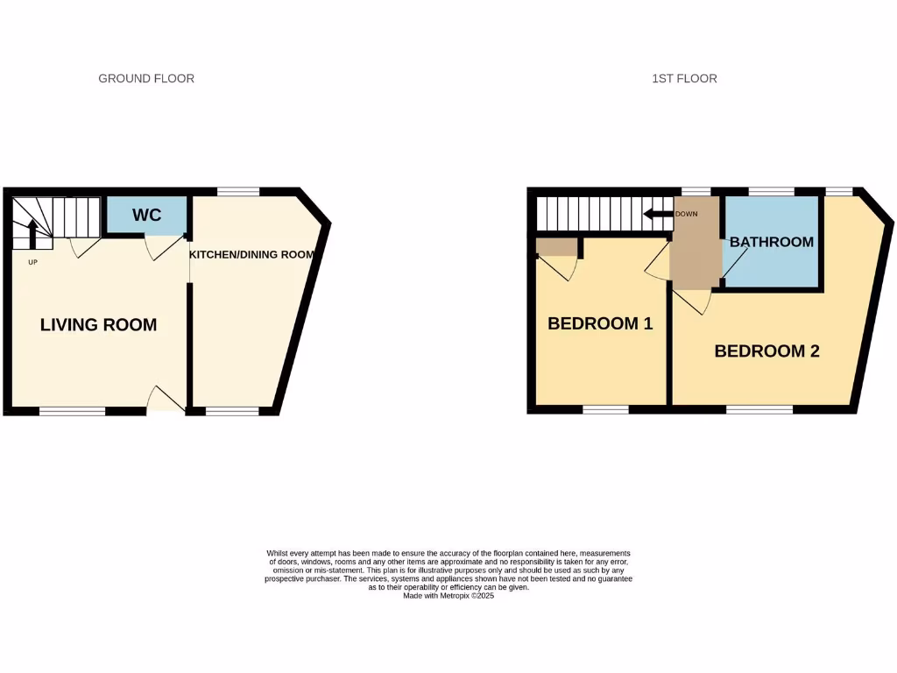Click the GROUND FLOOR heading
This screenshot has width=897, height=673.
[146, 79]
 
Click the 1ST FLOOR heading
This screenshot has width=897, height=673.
[684, 79]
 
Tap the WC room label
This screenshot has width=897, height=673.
[147, 216]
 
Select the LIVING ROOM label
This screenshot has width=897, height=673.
[99, 325]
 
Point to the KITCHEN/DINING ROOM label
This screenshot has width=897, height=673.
[251, 255]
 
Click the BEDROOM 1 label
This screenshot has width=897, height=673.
[600, 323]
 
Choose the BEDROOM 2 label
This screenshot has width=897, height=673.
[766, 351]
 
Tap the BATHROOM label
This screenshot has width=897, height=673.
[772, 242]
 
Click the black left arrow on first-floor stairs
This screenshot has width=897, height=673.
[654, 214]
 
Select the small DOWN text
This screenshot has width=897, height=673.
[686, 214]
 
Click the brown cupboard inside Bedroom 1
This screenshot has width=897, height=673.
[556, 247]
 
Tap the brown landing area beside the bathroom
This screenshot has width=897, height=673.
[695, 254]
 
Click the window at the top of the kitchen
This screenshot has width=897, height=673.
[238, 192]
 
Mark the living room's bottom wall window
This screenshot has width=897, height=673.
[72, 410]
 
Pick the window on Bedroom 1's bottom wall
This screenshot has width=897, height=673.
[605, 409]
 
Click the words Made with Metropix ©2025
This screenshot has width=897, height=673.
[448, 595]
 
